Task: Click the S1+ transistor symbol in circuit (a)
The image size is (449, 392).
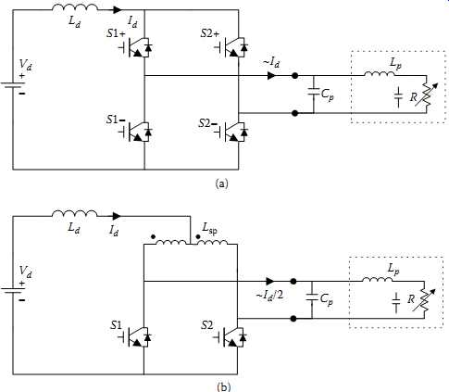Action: point(137,47)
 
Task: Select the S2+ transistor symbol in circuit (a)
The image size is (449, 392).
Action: point(232,47)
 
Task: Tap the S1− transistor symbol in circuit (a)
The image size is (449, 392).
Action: point(137,132)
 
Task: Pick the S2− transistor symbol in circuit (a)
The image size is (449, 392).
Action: point(232,132)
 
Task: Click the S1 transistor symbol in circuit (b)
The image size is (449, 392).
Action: point(137,337)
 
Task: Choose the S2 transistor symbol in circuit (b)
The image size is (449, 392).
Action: point(231,337)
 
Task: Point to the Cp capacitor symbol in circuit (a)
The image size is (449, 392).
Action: point(314,92)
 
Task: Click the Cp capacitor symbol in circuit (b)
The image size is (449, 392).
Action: point(312,297)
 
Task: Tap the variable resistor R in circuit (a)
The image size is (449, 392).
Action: point(425,95)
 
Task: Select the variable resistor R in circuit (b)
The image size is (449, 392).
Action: point(424,300)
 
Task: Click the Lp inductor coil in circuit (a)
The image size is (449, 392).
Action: point(380,74)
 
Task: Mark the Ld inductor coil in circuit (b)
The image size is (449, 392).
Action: point(74,213)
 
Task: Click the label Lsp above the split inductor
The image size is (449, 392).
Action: point(210,228)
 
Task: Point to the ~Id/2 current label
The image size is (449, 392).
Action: point(269,295)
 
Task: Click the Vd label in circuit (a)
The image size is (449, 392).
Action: point(25,65)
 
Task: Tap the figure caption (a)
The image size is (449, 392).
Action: point(222,183)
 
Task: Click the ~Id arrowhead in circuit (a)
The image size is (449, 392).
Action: point(271,75)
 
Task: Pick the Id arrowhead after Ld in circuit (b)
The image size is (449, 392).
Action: point(117,216)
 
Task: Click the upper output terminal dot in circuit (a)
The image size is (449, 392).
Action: point(295,75)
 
